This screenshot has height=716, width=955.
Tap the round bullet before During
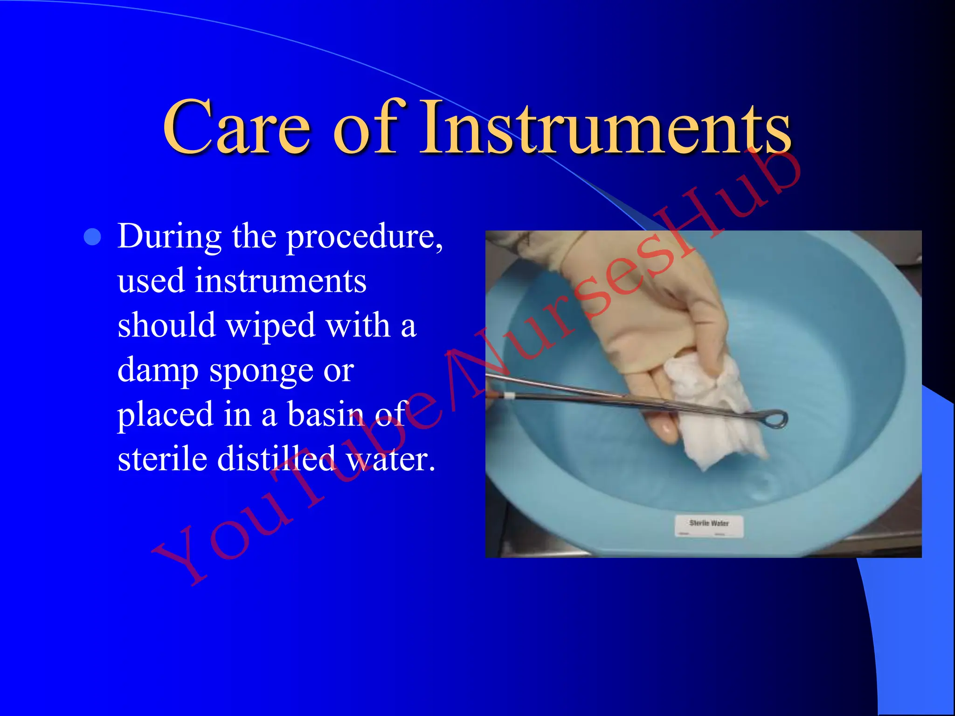pos(92,237)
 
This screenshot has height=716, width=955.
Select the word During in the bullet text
pos(169,236)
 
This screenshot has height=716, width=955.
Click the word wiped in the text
pos(271,326)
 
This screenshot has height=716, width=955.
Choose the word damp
pos(158,371)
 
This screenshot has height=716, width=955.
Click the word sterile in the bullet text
pos(162,459)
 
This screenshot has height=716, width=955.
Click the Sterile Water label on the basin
pos(709,525)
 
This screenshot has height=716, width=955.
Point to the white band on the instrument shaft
pos(509,396)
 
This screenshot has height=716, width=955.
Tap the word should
pos(166,326)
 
